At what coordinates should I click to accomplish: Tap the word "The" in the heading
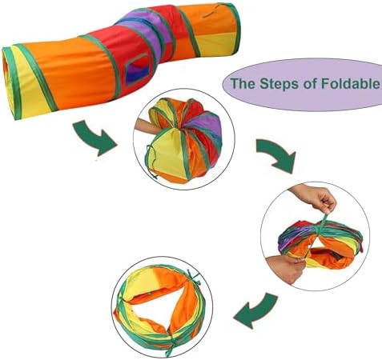click(243, 83)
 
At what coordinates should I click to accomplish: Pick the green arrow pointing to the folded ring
click(255, 310)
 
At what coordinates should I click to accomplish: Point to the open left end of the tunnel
click(10, 82)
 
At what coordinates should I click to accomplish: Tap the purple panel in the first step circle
click(207, 126)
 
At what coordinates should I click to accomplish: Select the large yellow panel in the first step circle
click(165, 150)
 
